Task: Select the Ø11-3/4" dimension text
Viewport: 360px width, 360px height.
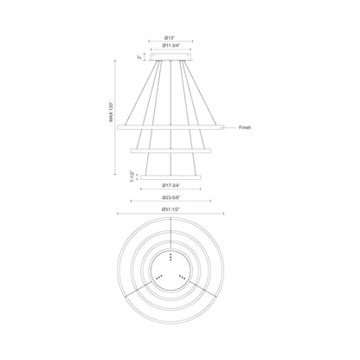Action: [x=171, y=49]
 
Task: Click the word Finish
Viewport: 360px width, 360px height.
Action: [x=245, y=128]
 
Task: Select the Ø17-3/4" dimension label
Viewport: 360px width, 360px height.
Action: [x=171, y=186]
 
